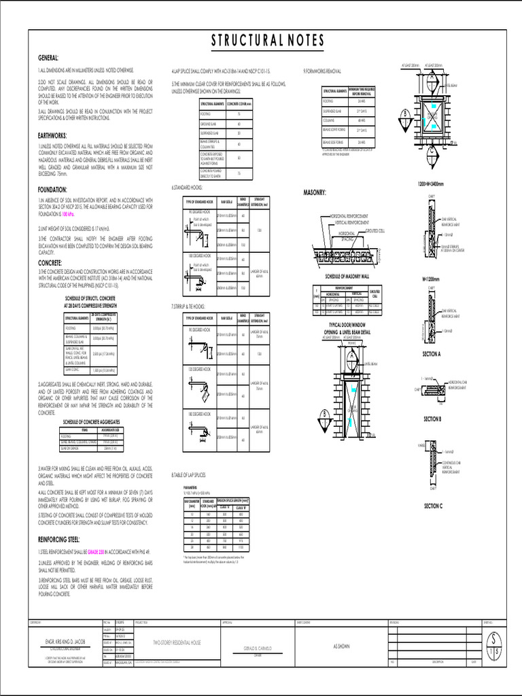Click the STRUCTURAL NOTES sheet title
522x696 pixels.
[x=267, y=41]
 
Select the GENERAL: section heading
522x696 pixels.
[x=48, y=58]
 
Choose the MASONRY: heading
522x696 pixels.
[x=315, y=193]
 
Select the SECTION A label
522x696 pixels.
[x=432, y=354]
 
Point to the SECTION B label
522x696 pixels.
[x=432, y=419]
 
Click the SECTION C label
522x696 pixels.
[x=433, y=506]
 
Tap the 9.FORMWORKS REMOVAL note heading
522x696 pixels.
[x=322, y=71]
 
